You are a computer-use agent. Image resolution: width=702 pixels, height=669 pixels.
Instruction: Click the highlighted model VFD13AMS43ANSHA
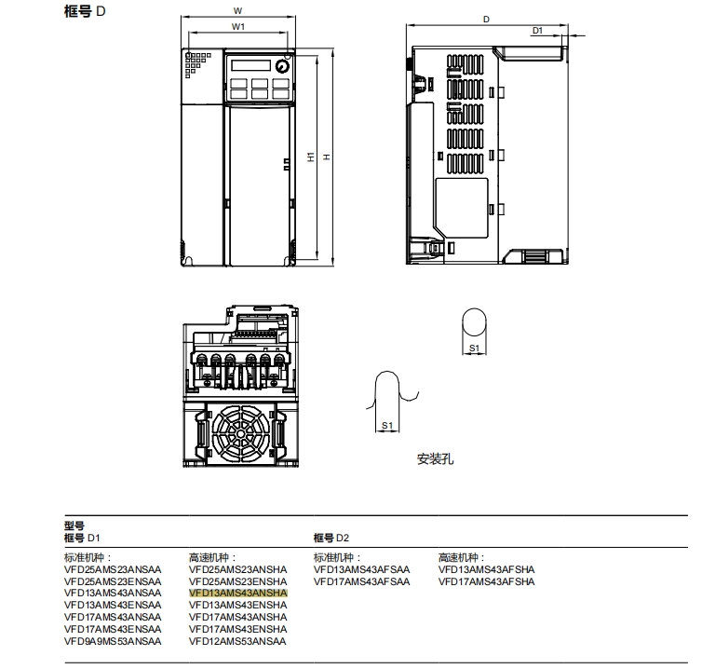pos(238,593)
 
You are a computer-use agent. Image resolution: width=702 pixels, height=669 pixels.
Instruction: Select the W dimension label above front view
pos(237,11)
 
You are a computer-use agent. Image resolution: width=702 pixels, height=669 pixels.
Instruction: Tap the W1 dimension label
pos(237,27)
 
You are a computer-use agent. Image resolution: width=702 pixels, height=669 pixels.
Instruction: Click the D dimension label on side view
pos(486,18)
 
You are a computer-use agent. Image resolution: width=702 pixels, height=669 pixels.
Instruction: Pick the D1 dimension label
pos(537,31)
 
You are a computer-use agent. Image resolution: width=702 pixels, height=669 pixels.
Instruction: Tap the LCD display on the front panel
pos(249,66)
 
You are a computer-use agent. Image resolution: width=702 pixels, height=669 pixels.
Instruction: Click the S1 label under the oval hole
pos(474,348)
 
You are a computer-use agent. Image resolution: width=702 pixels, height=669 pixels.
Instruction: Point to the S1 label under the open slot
pos(387,425)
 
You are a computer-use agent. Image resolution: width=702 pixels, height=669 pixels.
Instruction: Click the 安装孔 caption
pos(435,459)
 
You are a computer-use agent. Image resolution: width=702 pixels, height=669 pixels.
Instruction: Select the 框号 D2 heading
pos(331,538)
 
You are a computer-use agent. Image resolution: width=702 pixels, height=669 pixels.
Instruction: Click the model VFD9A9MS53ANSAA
pos(113,641)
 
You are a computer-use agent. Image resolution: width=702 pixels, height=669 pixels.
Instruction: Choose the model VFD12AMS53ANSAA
pos(238,641)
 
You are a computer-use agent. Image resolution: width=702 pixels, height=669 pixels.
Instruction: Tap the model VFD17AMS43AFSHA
pos(487,581)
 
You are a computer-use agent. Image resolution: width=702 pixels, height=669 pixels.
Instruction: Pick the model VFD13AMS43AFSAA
pos(361,569)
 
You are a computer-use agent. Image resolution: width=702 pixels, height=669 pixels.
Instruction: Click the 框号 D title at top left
pos(86,13)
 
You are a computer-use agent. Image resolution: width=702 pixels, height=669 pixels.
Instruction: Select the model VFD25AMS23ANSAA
pos(113,569)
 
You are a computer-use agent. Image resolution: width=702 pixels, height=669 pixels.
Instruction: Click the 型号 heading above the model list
pos(74,526)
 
